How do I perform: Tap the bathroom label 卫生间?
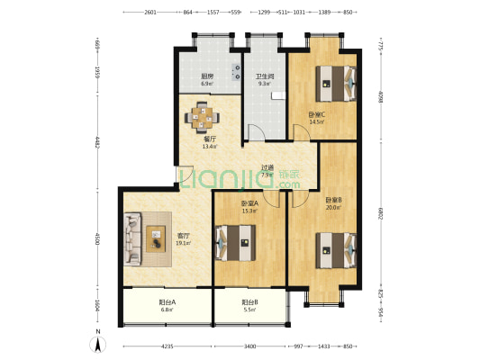click(x=265, y=76)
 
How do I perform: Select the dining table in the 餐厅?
click(x=203, y=115)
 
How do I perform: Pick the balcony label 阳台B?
click(x=249, y=303)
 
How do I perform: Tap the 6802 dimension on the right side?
click(x=381, y=214)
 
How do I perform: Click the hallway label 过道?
click(x=267, y=167)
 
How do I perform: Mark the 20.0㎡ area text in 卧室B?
click(x=332, y=206)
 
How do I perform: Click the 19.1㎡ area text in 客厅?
click(x=184, y=242)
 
